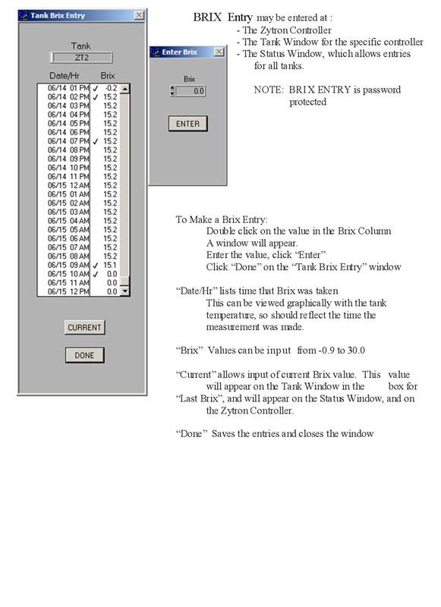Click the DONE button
click(84, 355)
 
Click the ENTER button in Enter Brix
click(187, 124)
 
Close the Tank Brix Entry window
click(139, 15)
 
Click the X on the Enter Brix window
click(219, 52)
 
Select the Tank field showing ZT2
click(81, 58)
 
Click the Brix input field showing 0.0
click(190, 91)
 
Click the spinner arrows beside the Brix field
click(172, 91)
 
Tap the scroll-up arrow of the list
click(124, 89)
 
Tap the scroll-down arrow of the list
click(124, 291)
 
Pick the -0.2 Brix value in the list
click(111, 88)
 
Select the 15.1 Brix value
click(110, 265)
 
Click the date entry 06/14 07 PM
click(68, 141)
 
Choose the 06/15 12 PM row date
click(68, 291)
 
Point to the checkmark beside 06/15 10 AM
click(96, 274)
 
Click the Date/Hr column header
click(65, 75)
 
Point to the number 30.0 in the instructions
click(356, 351)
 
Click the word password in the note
click(382, 90)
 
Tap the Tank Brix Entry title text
click(58, 15)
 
